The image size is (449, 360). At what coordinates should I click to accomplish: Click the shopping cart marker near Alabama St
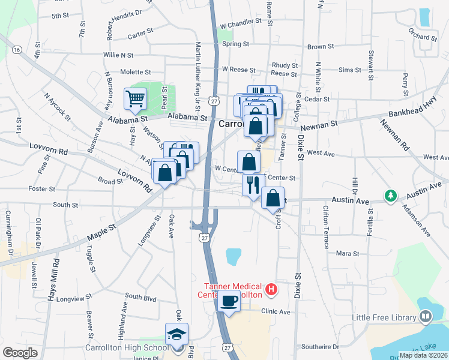pyautogui.click(x=135, y=98)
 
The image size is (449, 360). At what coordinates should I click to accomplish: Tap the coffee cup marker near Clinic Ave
pyautogui.click(x=229, y=301)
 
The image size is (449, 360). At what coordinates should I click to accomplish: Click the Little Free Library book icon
pyautogui.click(x=426, y=316)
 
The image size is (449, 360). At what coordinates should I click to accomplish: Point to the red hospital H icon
pyautogui.click(x=271, y=290)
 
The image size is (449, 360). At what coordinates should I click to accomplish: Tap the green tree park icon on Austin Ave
pyautogui.click(x=391, y=196)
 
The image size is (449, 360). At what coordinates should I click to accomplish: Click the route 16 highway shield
pyautogui.click(x=17, y=49)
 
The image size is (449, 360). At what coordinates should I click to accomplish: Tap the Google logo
pyautogui.click(x=20, y=353)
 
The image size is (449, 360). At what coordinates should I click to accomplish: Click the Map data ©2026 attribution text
pyautogui.click(x=423, y=355)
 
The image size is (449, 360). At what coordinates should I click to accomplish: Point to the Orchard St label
pyautogui.click(x=421, y=37)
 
